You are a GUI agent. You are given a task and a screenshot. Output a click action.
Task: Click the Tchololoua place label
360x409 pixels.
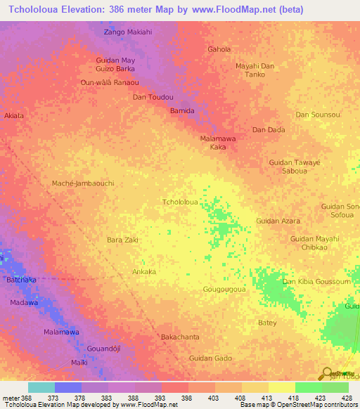click(179, 202)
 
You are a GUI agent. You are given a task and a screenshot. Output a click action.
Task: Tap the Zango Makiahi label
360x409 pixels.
click(127, 32)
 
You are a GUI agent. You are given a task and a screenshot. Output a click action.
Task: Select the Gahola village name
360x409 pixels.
click(219, 49)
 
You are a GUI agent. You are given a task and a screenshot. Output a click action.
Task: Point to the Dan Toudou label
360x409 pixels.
click(153, 97)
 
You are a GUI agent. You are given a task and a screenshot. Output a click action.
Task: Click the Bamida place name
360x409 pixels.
click(182, 111)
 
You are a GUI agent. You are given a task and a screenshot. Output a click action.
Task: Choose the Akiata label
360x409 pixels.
click(14, 115)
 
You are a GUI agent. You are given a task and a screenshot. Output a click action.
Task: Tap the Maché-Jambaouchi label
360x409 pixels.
click(83, 183)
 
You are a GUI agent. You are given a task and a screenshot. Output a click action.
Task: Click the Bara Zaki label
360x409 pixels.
click(122, 240)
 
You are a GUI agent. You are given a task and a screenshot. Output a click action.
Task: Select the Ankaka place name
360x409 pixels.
click(144, 271)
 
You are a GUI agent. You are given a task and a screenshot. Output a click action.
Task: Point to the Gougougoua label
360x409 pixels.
click(224, 289)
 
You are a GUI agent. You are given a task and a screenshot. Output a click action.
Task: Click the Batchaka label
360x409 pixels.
click(22, 280)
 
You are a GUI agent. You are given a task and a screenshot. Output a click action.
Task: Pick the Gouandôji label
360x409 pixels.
click(103, 349)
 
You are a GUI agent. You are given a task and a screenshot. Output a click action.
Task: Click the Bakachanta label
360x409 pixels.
click(182, 337)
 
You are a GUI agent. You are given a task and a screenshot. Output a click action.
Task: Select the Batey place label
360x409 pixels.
click(267, 323)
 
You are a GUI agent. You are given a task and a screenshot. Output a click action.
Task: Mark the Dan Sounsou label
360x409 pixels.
click(318, 115)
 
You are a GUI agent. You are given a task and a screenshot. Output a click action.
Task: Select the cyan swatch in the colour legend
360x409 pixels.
click(41, 387)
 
